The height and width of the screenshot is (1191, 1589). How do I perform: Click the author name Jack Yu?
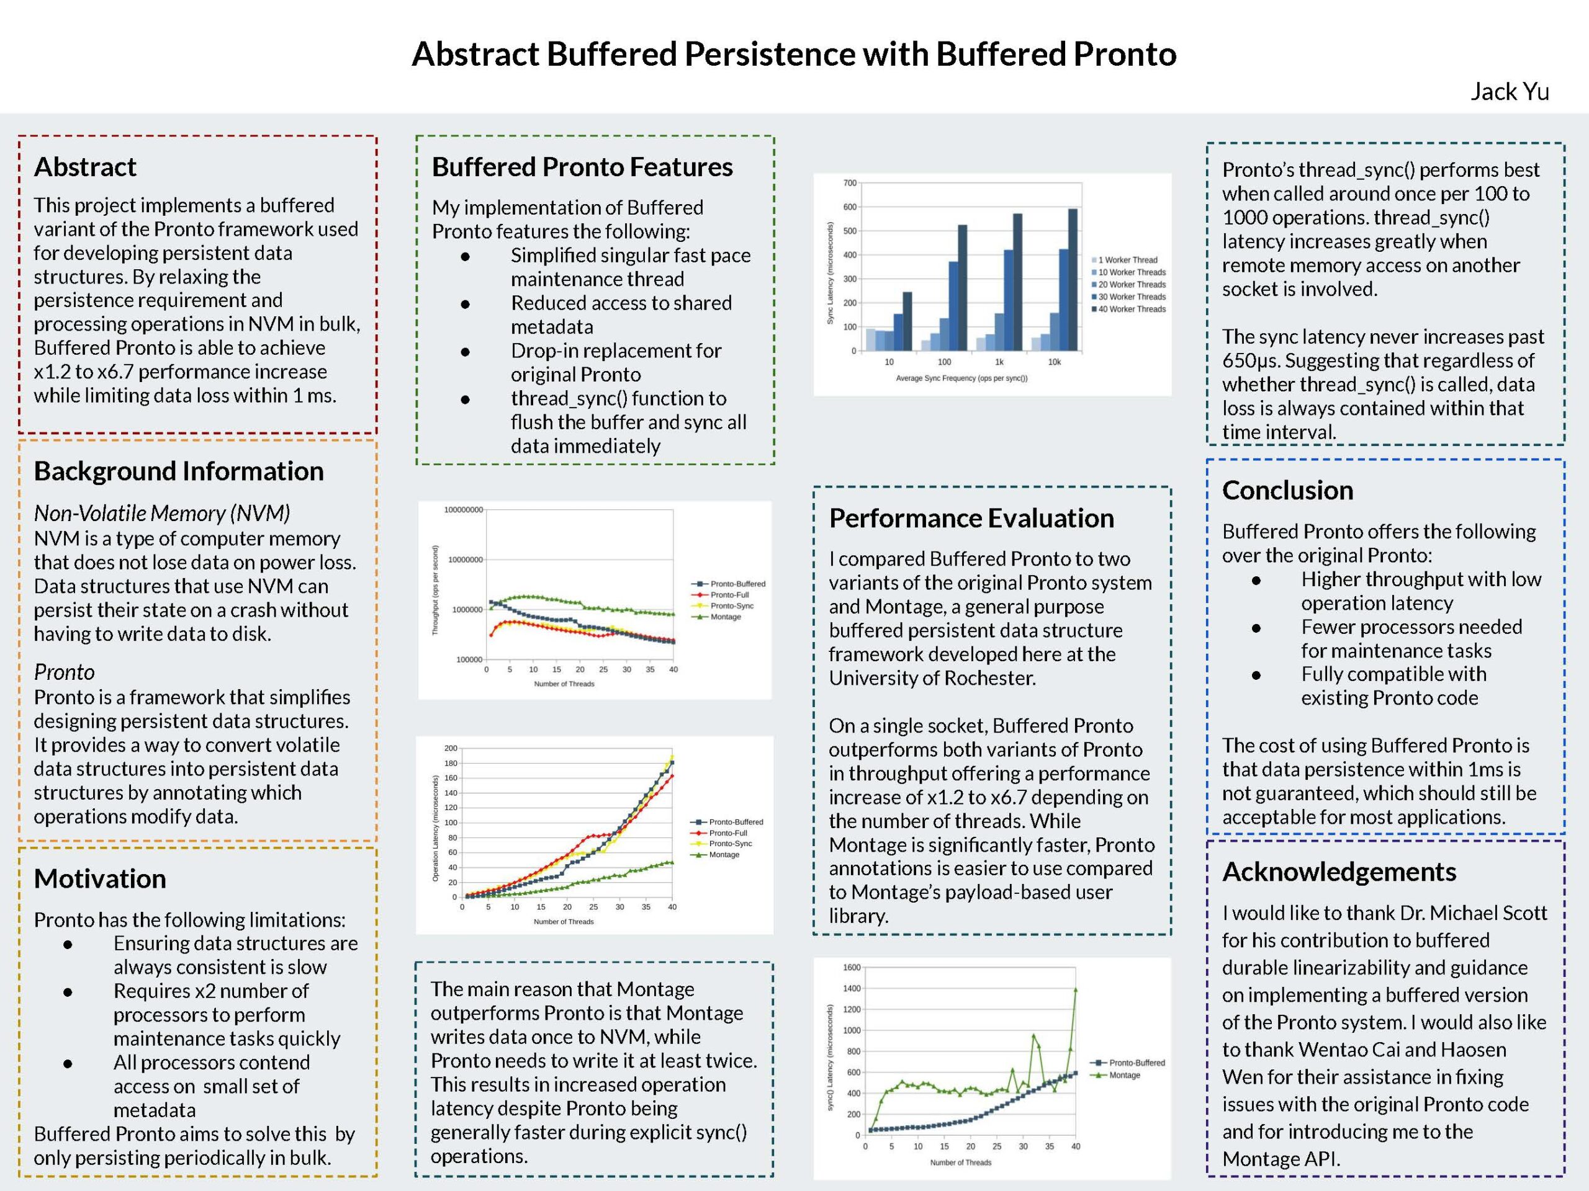pyautogui.click(x=1510, y=92)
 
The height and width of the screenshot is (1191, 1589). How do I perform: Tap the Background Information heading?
pyautogui.click(x=178, y=471)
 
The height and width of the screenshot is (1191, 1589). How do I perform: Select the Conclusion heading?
pyautogui.click(x=1287, y=490)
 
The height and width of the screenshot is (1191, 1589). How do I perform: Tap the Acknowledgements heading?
pyautogui.click(x=1339, y=872)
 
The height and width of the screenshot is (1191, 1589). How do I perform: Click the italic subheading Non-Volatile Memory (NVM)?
pyautogui.click(x=161, y=513)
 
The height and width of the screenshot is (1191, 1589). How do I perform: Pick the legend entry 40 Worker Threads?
pyautogui.click(x=1132, y=310)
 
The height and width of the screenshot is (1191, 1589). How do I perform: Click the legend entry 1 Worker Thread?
pyautogui.click(x=1127, y=260)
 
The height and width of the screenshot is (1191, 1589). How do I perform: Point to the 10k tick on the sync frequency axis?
pyautogui.click(x=1054, y=362)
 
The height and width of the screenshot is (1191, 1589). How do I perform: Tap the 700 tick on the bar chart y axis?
pyautogui.click(x=850, y=183)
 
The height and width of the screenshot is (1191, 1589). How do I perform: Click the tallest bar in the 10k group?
pyautogui.click(x=1073, y=280)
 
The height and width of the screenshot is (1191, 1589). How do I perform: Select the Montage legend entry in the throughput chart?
pyautogui.click(x=725, y=617)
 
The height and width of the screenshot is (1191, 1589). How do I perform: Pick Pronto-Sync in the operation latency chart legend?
pyautogui.click(x=730, y=844)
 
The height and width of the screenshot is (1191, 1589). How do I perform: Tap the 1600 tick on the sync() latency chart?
pyautogui.click(x=851, y=968)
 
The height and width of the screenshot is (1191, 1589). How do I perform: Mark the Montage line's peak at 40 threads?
pyautogui.click(x=1076, y=990)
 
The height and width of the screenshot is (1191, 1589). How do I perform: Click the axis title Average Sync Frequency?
pyautogui.click(x=961, y=378)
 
